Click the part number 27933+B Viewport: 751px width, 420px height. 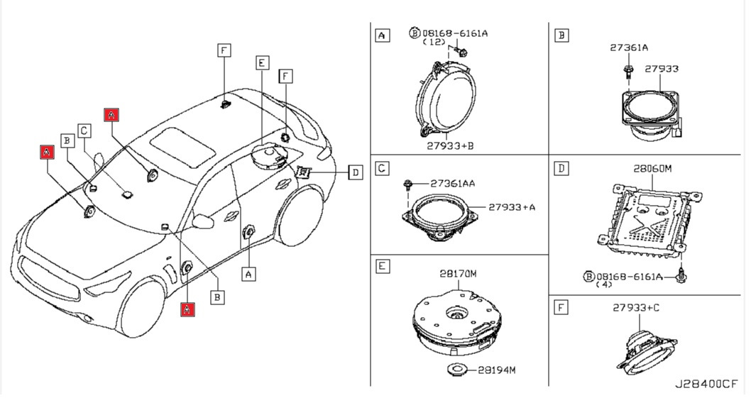[449, 145]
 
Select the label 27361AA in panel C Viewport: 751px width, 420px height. [452, 183]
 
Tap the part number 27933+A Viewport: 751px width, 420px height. [511, 207]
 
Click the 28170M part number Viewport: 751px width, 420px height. [458, 273]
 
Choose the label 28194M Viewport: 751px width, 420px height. [496, 370]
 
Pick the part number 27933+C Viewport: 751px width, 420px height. [636, 307]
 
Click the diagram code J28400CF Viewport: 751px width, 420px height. [706, 384]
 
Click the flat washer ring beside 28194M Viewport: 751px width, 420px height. [457, 370]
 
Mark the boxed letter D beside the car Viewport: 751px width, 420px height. [355, 172]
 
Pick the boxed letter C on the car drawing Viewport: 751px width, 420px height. [84, 131]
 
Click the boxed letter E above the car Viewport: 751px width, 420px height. [262, 63]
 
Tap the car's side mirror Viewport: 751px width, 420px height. [204, 221]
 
